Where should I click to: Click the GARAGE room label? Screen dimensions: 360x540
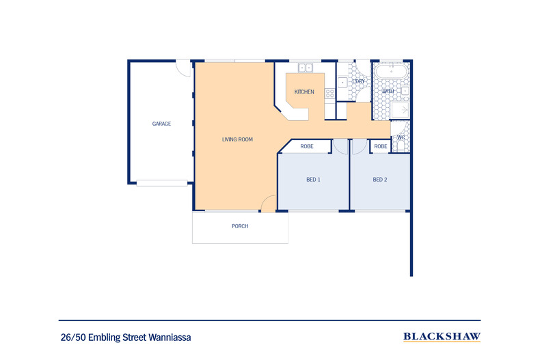tap(161, 124)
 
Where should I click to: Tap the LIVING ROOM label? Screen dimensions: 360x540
tap(237, 139)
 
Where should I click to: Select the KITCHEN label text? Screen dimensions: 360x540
tap(304, 92)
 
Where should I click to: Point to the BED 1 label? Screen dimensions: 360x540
tap(313, 180)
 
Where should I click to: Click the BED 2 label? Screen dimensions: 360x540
tap(380, 180)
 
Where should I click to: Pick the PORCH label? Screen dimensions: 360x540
tap(240, 226)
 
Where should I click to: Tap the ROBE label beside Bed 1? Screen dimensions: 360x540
tap(307, 147)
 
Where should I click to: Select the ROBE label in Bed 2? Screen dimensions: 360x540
tap(381, 147)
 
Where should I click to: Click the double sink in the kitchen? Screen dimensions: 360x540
tap(305, 68)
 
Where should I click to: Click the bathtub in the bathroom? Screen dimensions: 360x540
tap(390, 70)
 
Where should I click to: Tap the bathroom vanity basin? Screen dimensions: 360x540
tap(405, 90)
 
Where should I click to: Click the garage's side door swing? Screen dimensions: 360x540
tap(183, 68)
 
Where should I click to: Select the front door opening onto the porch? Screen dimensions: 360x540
tap(269, 203)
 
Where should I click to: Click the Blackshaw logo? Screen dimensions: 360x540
tap(442, 337)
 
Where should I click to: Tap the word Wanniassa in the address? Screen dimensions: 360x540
tap(172, 337)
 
